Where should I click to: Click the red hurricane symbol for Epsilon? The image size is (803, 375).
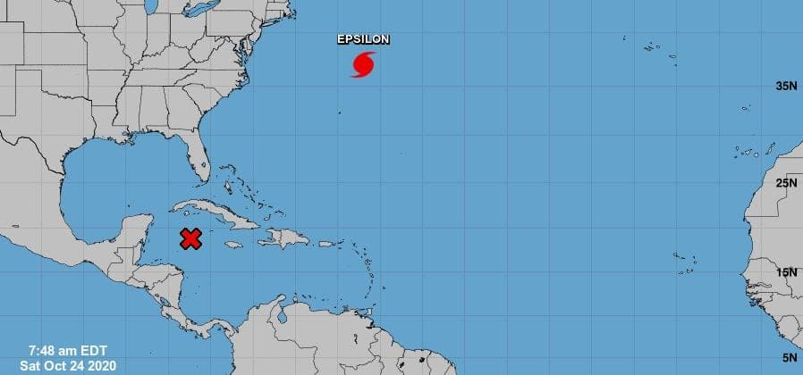click(362, 65)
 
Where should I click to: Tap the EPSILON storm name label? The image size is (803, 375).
click(363, 39)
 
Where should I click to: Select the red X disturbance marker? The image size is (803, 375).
click(190, 238)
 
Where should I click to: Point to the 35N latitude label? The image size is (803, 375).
click(785, 86)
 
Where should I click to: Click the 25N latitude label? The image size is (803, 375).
click(785, 183)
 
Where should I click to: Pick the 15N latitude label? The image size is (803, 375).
click(785, 272)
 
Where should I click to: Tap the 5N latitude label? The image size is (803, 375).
click(789, 357)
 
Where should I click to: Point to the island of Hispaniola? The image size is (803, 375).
click(284, 238)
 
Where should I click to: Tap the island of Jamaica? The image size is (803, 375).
click(234, 245)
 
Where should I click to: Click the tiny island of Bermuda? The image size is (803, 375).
click(339, 112)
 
